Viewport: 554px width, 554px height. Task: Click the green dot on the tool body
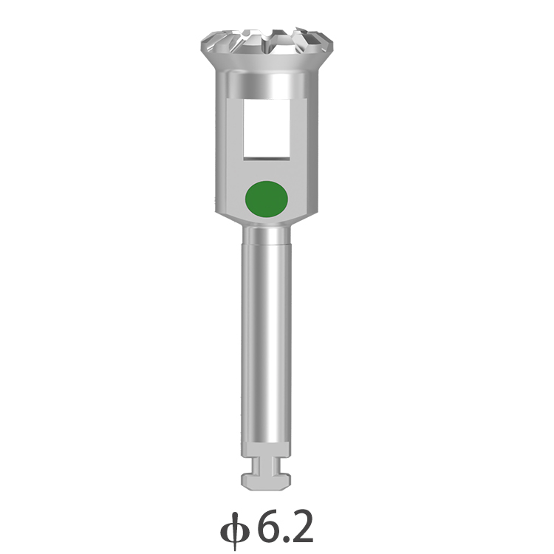267,199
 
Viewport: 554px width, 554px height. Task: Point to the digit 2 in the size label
301,526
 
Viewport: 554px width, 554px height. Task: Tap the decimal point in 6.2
286,538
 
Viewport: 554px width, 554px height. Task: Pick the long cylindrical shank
267,343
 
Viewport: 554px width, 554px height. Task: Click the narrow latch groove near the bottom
267,465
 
